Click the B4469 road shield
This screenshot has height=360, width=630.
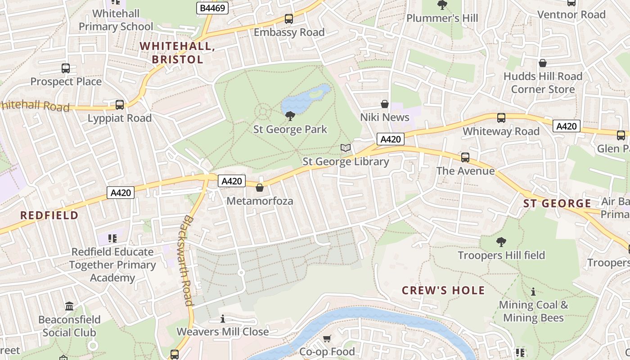tap(213, 8)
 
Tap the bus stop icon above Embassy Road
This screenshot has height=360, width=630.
tap(289, 19)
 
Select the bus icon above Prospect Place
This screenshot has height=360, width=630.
tap(66, 68)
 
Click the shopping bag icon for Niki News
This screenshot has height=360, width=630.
tap(385, 104)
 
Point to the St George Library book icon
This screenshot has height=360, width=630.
tap(346, 148)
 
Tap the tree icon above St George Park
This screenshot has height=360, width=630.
tap(290, 116)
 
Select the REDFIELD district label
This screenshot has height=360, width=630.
tap(49, 215)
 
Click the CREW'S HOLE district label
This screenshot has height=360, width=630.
tap(443, 290)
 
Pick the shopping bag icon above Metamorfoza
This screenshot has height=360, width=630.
tap(260, 188)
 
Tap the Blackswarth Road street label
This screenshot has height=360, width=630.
tap(188, 260)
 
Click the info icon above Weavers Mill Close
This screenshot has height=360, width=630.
tap(223, 319)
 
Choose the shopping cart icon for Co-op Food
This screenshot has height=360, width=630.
tap(327, 338)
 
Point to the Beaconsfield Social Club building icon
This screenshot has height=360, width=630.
tap(69, 306)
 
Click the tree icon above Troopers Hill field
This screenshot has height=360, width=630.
tap(501, 242)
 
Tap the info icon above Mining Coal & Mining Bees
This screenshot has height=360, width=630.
tap(533, 292)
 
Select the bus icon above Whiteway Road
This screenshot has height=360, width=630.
tap(501, 118)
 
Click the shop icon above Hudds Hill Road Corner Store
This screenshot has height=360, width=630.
tap(543, 63)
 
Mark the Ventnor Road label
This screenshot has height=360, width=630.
tap(571, 15)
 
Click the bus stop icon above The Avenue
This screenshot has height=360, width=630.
tap(465, 157)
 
